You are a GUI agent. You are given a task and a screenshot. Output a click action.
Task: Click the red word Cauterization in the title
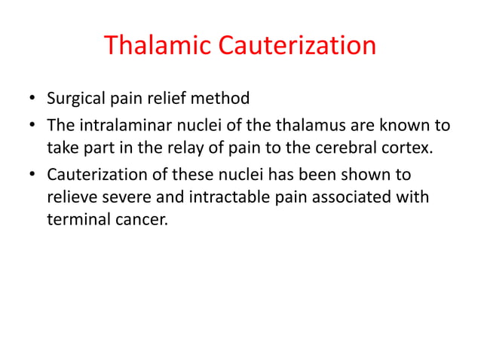(297, 47)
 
